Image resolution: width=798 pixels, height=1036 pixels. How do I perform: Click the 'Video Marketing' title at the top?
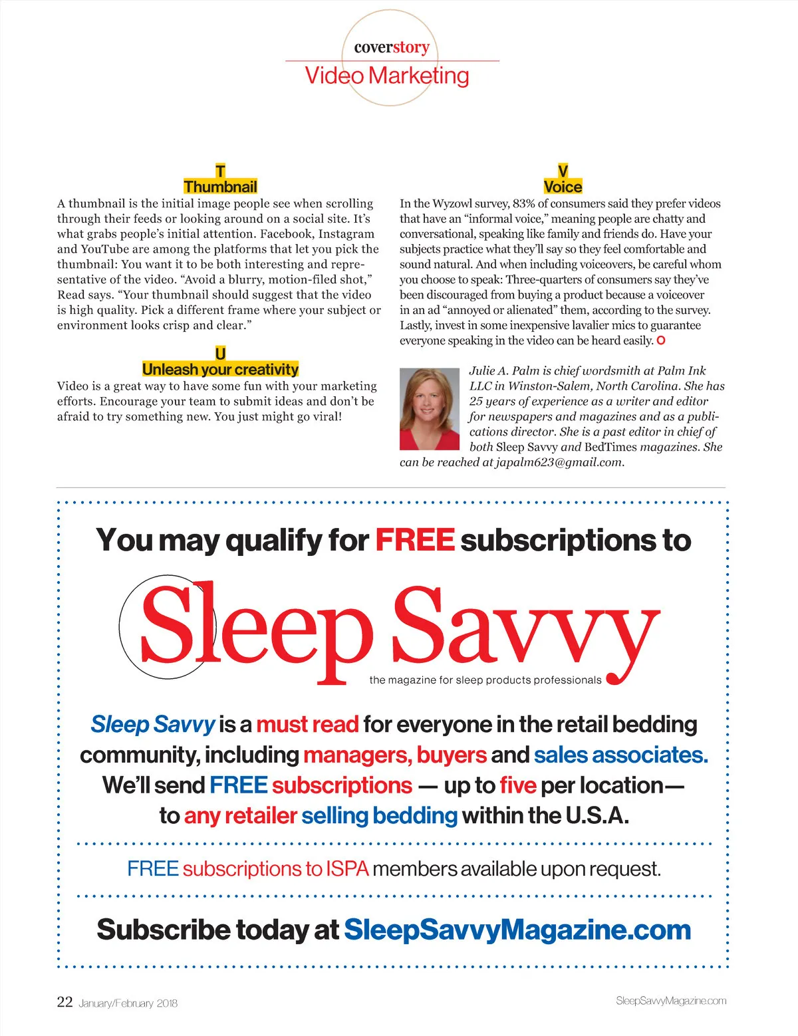coord(387,76)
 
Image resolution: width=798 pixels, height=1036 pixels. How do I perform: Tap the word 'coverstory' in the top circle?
coord(392,47)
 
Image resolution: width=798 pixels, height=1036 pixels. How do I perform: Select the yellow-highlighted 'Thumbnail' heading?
coord(220,187)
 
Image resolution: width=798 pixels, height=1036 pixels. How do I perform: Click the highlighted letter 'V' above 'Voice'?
coord(563,172)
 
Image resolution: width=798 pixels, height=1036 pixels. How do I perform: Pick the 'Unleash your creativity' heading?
coord(220,370)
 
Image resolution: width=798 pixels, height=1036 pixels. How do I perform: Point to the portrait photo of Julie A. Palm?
coord(430,410)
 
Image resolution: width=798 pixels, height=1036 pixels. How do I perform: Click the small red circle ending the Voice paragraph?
coord(661,340)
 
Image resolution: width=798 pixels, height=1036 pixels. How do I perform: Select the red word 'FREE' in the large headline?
coord(415,540)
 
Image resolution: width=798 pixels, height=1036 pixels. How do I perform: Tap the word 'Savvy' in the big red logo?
coord(525,628)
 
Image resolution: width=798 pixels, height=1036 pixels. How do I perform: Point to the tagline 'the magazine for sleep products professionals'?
coord(485,680)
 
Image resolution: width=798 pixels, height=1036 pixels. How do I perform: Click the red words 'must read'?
coord(307,724)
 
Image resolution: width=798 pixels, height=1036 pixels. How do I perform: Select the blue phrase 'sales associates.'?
coord(620,755)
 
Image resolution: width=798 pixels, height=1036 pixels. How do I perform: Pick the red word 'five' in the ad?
coord(517,785)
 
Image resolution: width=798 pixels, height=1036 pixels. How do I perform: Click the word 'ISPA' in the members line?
coord(347,869)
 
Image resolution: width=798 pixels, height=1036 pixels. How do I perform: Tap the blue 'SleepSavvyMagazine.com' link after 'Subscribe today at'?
coord(517,930)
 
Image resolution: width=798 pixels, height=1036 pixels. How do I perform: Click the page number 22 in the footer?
coord(65,1002)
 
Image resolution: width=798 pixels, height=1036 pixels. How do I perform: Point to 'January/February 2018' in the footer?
coord(128,1003)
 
